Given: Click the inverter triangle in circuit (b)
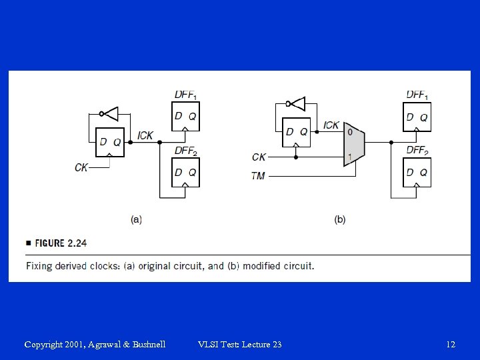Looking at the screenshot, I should click(297, 103).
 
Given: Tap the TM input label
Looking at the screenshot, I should click(258, 176).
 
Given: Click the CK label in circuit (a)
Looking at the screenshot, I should click(81, 167).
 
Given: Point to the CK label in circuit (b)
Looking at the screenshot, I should click(259, 157).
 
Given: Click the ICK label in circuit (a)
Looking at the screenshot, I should click(145, 135).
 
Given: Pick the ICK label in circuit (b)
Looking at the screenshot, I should click(331, 125).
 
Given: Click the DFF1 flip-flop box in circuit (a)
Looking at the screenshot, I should click(185, 116).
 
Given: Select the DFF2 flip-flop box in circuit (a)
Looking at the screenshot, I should click(185, 171).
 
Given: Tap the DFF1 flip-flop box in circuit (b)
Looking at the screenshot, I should click(418, 117).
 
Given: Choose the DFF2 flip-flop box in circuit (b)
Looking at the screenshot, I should click(418, 171).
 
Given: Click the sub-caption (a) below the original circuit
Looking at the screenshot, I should click(136, 219).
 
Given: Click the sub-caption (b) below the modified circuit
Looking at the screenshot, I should click(340, 219).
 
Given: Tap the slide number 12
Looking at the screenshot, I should click(451, 344).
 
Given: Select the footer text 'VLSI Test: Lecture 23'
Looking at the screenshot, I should click(240, 344).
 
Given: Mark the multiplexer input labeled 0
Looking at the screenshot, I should click(349, 132).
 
